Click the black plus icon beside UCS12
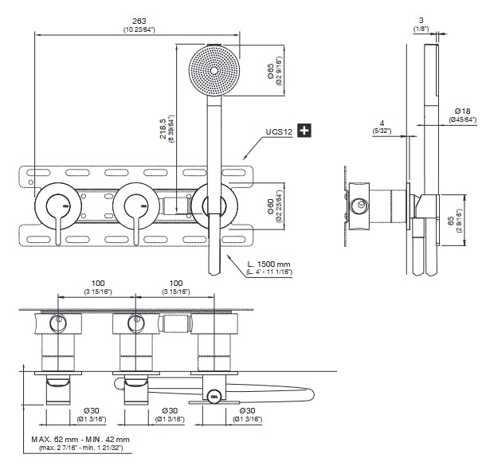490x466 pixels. tap(304, 128)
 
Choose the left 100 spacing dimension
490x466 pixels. tap(98, 284)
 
